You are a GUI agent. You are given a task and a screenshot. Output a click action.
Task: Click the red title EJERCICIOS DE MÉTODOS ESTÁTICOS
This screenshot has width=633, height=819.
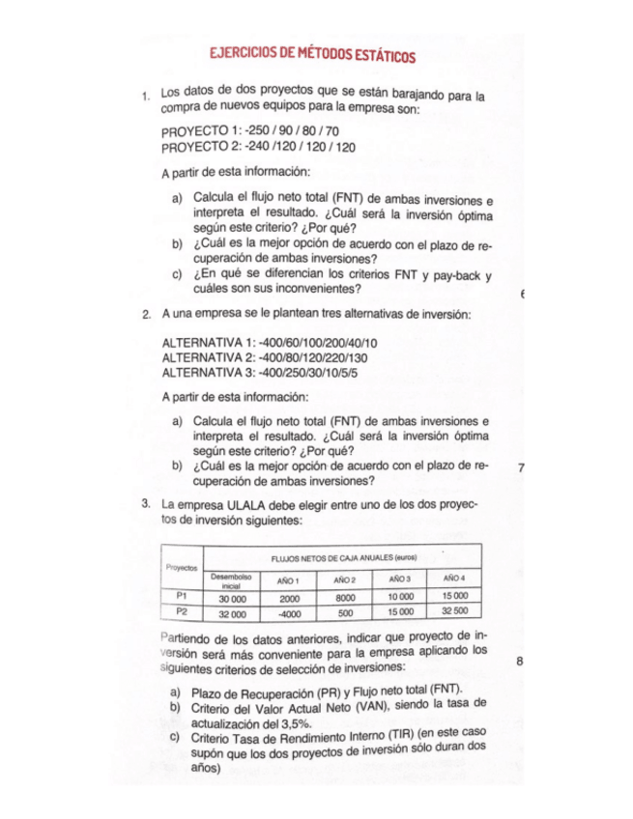[313, 57]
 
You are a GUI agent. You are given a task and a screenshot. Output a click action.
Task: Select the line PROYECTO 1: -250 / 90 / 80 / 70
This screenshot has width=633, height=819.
[250, 130]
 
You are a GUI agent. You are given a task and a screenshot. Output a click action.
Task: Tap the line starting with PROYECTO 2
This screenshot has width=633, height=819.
[258, 147]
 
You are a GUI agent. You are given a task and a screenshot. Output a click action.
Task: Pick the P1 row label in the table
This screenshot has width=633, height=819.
[180, 598]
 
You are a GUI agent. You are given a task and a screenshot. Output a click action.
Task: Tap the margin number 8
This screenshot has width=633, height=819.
[520, 662]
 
